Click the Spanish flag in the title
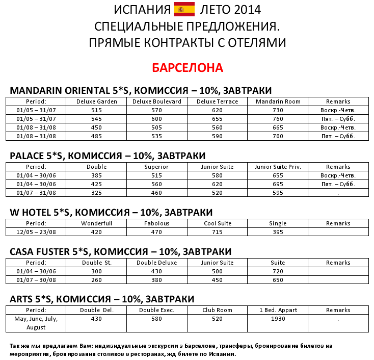click(x=184, y=9)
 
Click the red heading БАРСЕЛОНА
click(x=188, y=68)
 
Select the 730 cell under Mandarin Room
click(x=278, y=110)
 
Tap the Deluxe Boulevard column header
click(x=157, y=101)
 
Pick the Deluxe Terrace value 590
click(x=218, y=136)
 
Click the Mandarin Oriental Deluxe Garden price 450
click(x=96, y=127)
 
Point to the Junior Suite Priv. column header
click(x=278, y=167)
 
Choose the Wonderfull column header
click(x=96, y=223)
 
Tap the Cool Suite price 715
click(x=218, y=232)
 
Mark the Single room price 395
click(x=278, y=232)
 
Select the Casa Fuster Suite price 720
click(x=278, y=271)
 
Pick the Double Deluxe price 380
click(x=157, y=280)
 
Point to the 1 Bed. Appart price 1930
click(x=278, y=319)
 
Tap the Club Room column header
click(x=218, y=310)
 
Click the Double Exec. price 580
click(x=157, y=319)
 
